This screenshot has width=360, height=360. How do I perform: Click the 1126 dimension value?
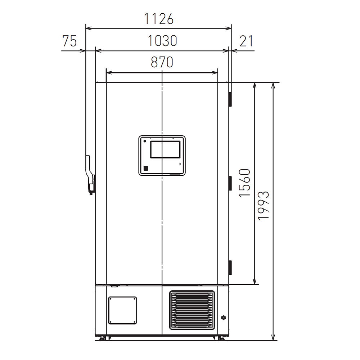click(x=159, y=19)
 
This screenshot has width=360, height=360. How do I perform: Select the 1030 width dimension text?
click(x=162, y=41)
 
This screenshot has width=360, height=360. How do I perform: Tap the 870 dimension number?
click(x=162, y=62)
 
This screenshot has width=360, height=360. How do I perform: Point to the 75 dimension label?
click(x=69, y=41)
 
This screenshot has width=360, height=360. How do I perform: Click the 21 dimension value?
click(x=246, y=41)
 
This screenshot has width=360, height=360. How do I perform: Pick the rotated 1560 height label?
click(x=244, y=183)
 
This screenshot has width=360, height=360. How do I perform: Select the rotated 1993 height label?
click(x=263, y=206)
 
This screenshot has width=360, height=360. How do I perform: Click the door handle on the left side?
click(x=90, y=175)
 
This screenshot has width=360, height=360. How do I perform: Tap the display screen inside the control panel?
click(x=165, y=149)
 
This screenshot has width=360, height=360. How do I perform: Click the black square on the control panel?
click(x=145, y=168)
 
